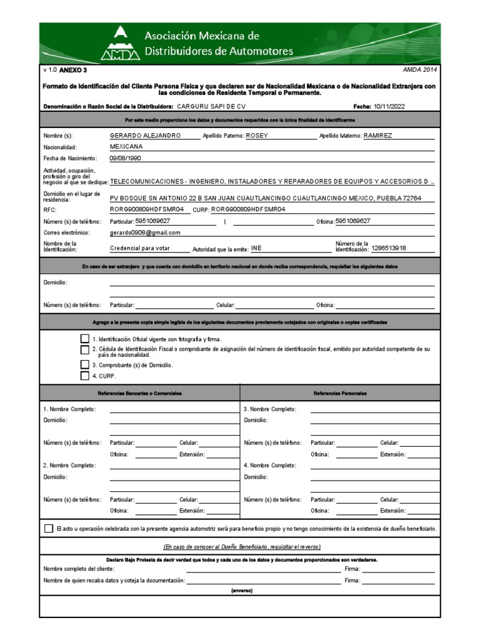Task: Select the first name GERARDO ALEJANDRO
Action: point(145,135)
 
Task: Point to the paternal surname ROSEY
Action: point(259,135)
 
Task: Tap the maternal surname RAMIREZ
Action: point(378,135)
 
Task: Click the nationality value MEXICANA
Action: point(126,146)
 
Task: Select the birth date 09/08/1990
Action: point(126,159)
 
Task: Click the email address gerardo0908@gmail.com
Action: point(145,232)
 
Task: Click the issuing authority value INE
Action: point(256,248)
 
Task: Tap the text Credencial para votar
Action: point(140,248)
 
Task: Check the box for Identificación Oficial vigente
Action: point(85,338)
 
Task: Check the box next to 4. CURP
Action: point(85,376)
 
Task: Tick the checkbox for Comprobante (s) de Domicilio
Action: point(85,364)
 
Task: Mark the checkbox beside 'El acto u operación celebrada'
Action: point(49,528)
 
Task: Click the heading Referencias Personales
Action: point(340,393)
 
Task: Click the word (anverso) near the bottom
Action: point(241,590)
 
